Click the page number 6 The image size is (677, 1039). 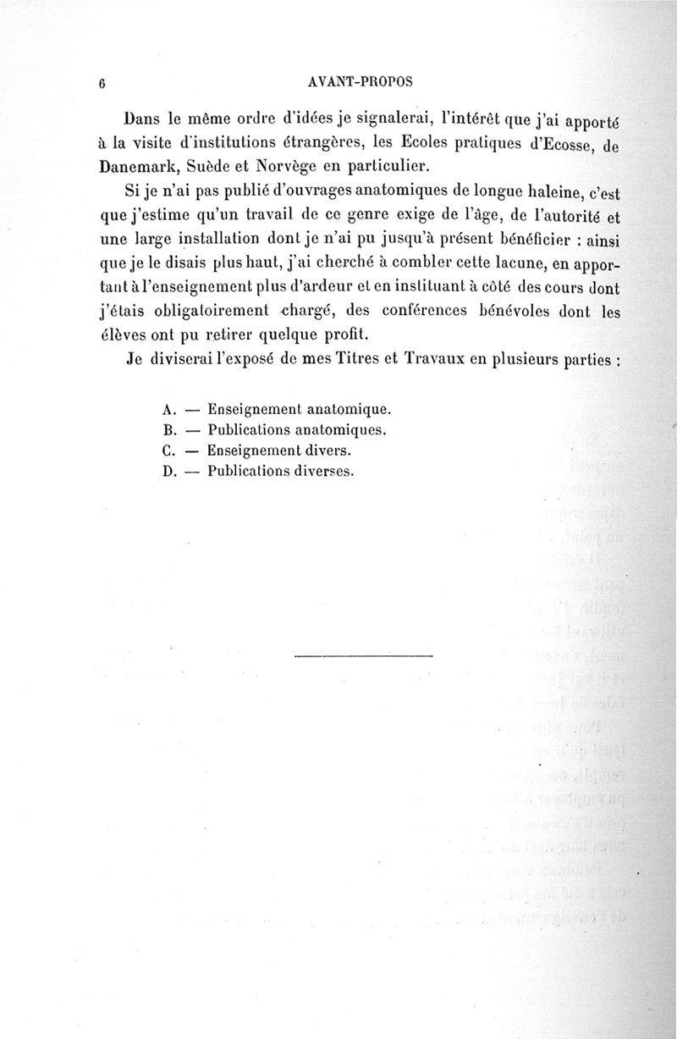click(x=101, y=83)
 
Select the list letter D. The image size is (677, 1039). click(x=167, y=473)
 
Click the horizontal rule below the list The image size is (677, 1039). click(x=365, y=655)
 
